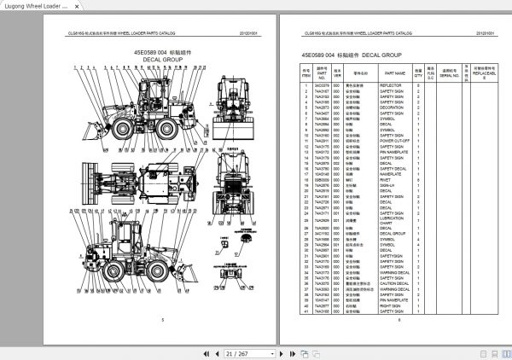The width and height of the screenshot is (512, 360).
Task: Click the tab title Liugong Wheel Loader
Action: (36, 7)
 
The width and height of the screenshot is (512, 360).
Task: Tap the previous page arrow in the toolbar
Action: (216, 352)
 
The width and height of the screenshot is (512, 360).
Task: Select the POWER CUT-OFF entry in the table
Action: (397, 141)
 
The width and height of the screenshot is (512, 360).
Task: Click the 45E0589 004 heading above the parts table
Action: (319, 55)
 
